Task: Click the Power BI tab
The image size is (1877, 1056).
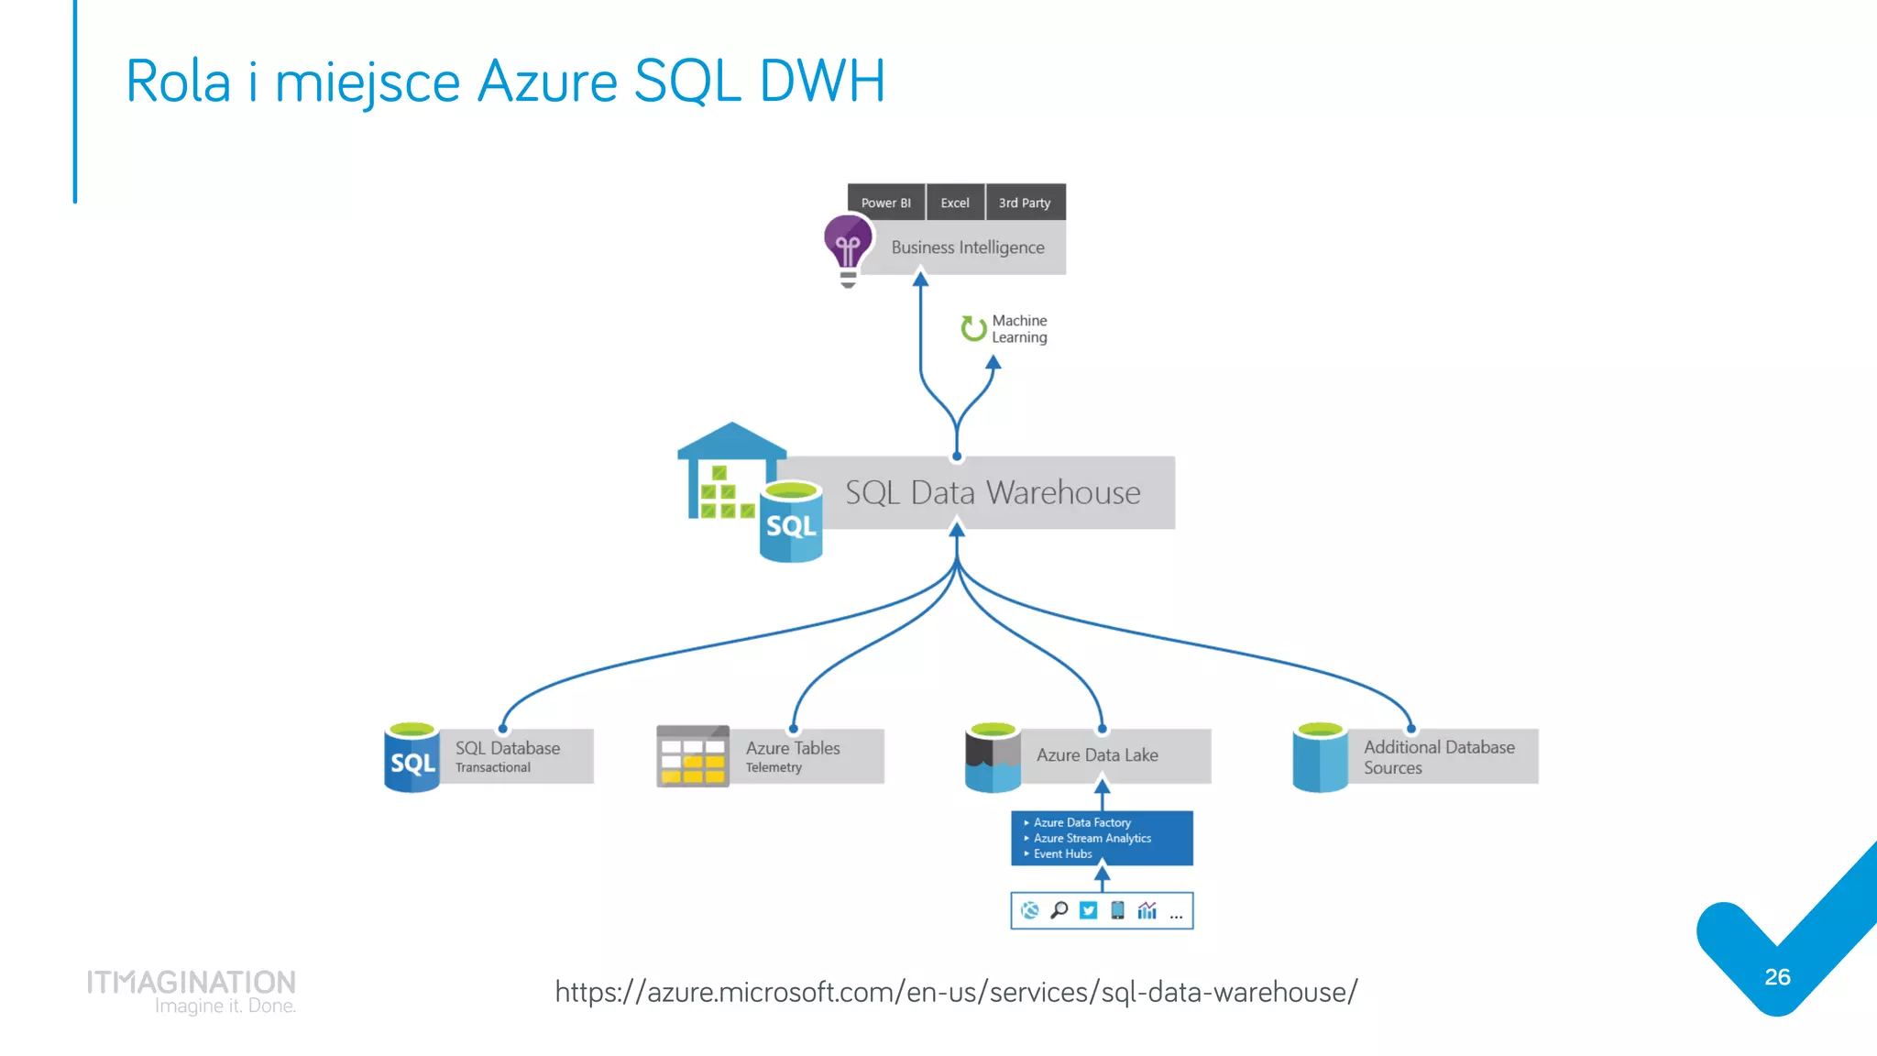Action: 885,203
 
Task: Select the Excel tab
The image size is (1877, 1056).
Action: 954,203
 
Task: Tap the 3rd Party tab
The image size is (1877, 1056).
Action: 1025,203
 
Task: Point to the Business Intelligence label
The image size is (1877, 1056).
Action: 967,247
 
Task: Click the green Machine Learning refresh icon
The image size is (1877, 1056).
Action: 973,328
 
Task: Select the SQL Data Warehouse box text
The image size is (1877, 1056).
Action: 993,493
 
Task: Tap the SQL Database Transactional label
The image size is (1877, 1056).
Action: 507,756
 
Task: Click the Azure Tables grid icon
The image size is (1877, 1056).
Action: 693,756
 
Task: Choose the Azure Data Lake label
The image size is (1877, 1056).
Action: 1097,755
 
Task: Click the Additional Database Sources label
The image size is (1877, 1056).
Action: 1438,757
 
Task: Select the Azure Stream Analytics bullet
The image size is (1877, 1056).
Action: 1092,839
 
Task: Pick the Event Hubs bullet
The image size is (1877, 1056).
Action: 1062,854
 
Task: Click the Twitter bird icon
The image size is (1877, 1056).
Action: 1088,910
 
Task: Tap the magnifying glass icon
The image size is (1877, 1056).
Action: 1059,910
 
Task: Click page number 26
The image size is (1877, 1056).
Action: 1777,977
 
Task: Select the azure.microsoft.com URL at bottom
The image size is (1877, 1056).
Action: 956,992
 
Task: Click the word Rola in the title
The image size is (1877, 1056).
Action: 179,82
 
